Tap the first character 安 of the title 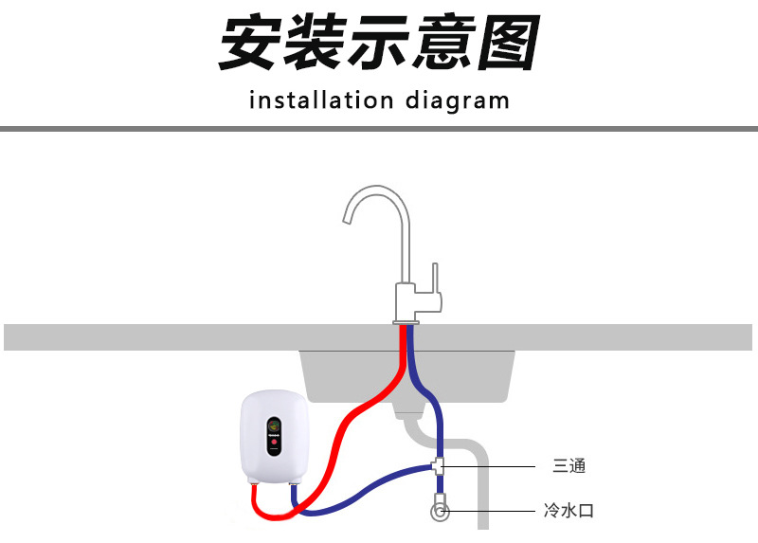pyautogui.click(x=251, y=44)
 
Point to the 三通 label pyautogui.click(x=569, y=466)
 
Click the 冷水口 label pyautogui.click(x=569, y=512)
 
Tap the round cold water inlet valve pyautogui.click(x=440, y=513)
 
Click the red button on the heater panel pyautogui.click(x=274, y=443)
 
